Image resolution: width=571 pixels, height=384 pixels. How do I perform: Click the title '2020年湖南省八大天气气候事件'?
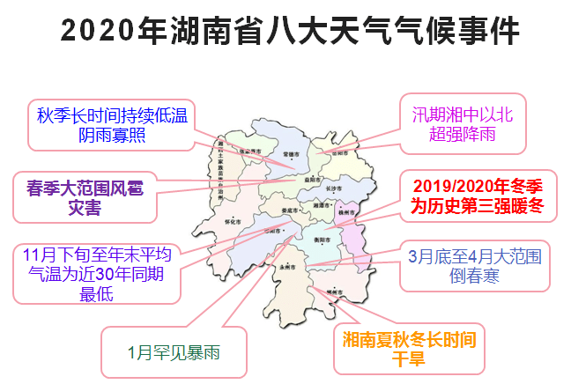291,31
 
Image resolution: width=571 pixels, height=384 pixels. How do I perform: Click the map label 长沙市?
334,188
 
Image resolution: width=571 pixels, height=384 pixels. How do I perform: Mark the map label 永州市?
285,265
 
